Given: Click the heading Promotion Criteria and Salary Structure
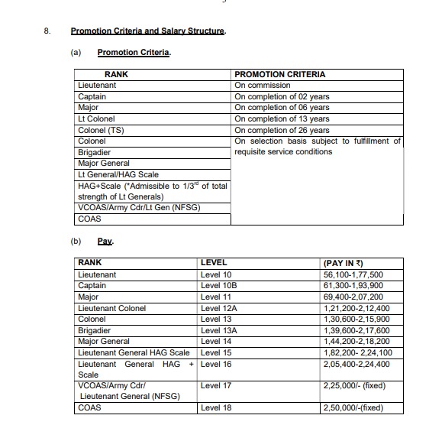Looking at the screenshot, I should (x=148, y=31).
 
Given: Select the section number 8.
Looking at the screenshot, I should (x=47, y=31).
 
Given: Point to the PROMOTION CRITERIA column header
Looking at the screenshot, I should (x=279, y=74).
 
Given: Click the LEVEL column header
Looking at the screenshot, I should (x=214, y=263).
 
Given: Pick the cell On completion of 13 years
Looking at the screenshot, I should (x=282, y=118).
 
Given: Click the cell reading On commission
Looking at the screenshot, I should (x=262, y=86).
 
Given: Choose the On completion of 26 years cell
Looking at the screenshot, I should (x=282, y=130).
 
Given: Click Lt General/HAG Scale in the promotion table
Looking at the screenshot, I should (x=118, y=174).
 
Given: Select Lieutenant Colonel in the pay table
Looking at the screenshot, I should (x=111, y=308).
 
